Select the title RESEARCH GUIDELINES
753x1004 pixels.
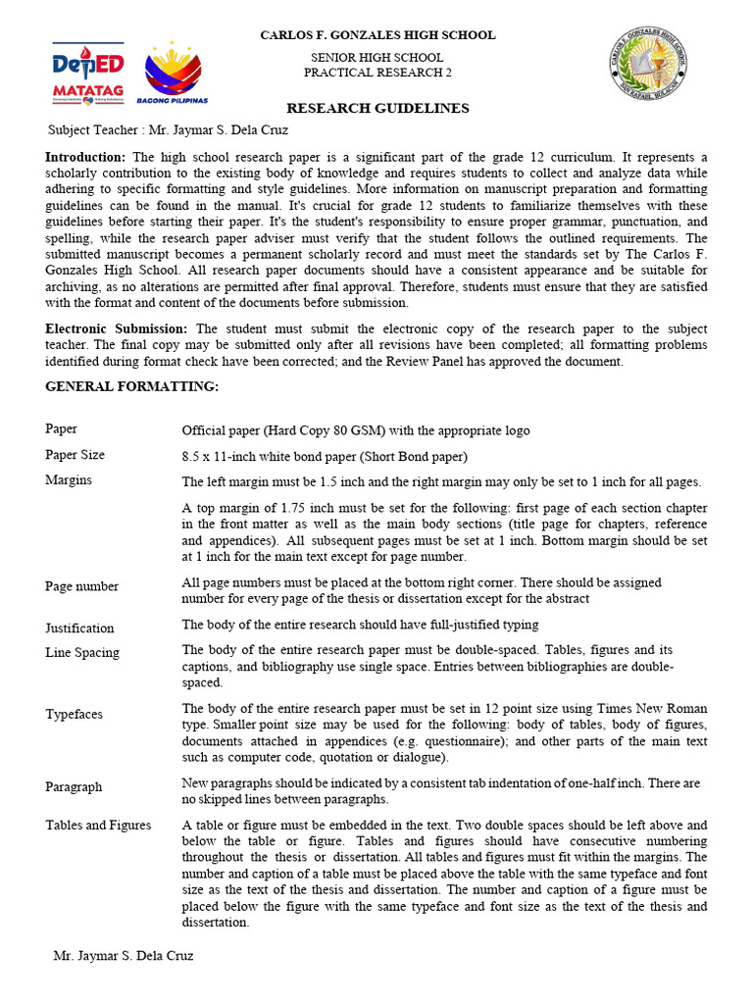(x=377, y=109)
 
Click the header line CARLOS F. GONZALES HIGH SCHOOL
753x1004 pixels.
(x=377, y=35)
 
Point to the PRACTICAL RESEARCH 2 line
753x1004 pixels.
(x=377, y=73)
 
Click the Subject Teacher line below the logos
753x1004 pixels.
(x=169, y=130)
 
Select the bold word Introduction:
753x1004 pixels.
(x=85, y=157)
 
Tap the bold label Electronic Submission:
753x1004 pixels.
(x=121, y=329)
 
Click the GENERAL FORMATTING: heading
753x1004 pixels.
(x=132, y=387)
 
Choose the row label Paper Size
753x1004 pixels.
(x=75, y=455)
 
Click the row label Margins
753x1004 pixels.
(x=69, y=480)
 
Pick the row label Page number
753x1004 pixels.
(x=81, y=586)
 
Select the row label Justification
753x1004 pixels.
(x=79, y=628)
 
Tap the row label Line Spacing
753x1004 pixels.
(x=82, y=653)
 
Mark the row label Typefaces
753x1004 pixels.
(x=74, y=715)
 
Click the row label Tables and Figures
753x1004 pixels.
(x=98, y=826)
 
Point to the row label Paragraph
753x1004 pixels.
(x=74, y=787)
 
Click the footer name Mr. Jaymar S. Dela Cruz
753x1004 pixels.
(x=123, y=956)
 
